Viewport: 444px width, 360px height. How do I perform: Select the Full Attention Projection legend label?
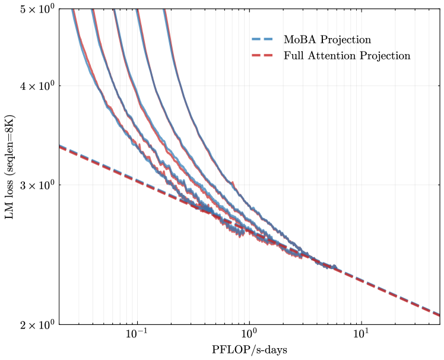347,56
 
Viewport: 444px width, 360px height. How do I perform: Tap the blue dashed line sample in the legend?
260,40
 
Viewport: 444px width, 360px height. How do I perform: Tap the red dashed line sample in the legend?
260,56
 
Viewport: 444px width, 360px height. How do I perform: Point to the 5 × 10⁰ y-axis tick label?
38,10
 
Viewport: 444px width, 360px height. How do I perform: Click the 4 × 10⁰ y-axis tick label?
38,86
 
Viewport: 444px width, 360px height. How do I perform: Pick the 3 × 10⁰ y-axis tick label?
38,185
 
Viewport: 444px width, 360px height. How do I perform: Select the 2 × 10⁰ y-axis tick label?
38,325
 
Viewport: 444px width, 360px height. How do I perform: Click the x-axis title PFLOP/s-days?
249,350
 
